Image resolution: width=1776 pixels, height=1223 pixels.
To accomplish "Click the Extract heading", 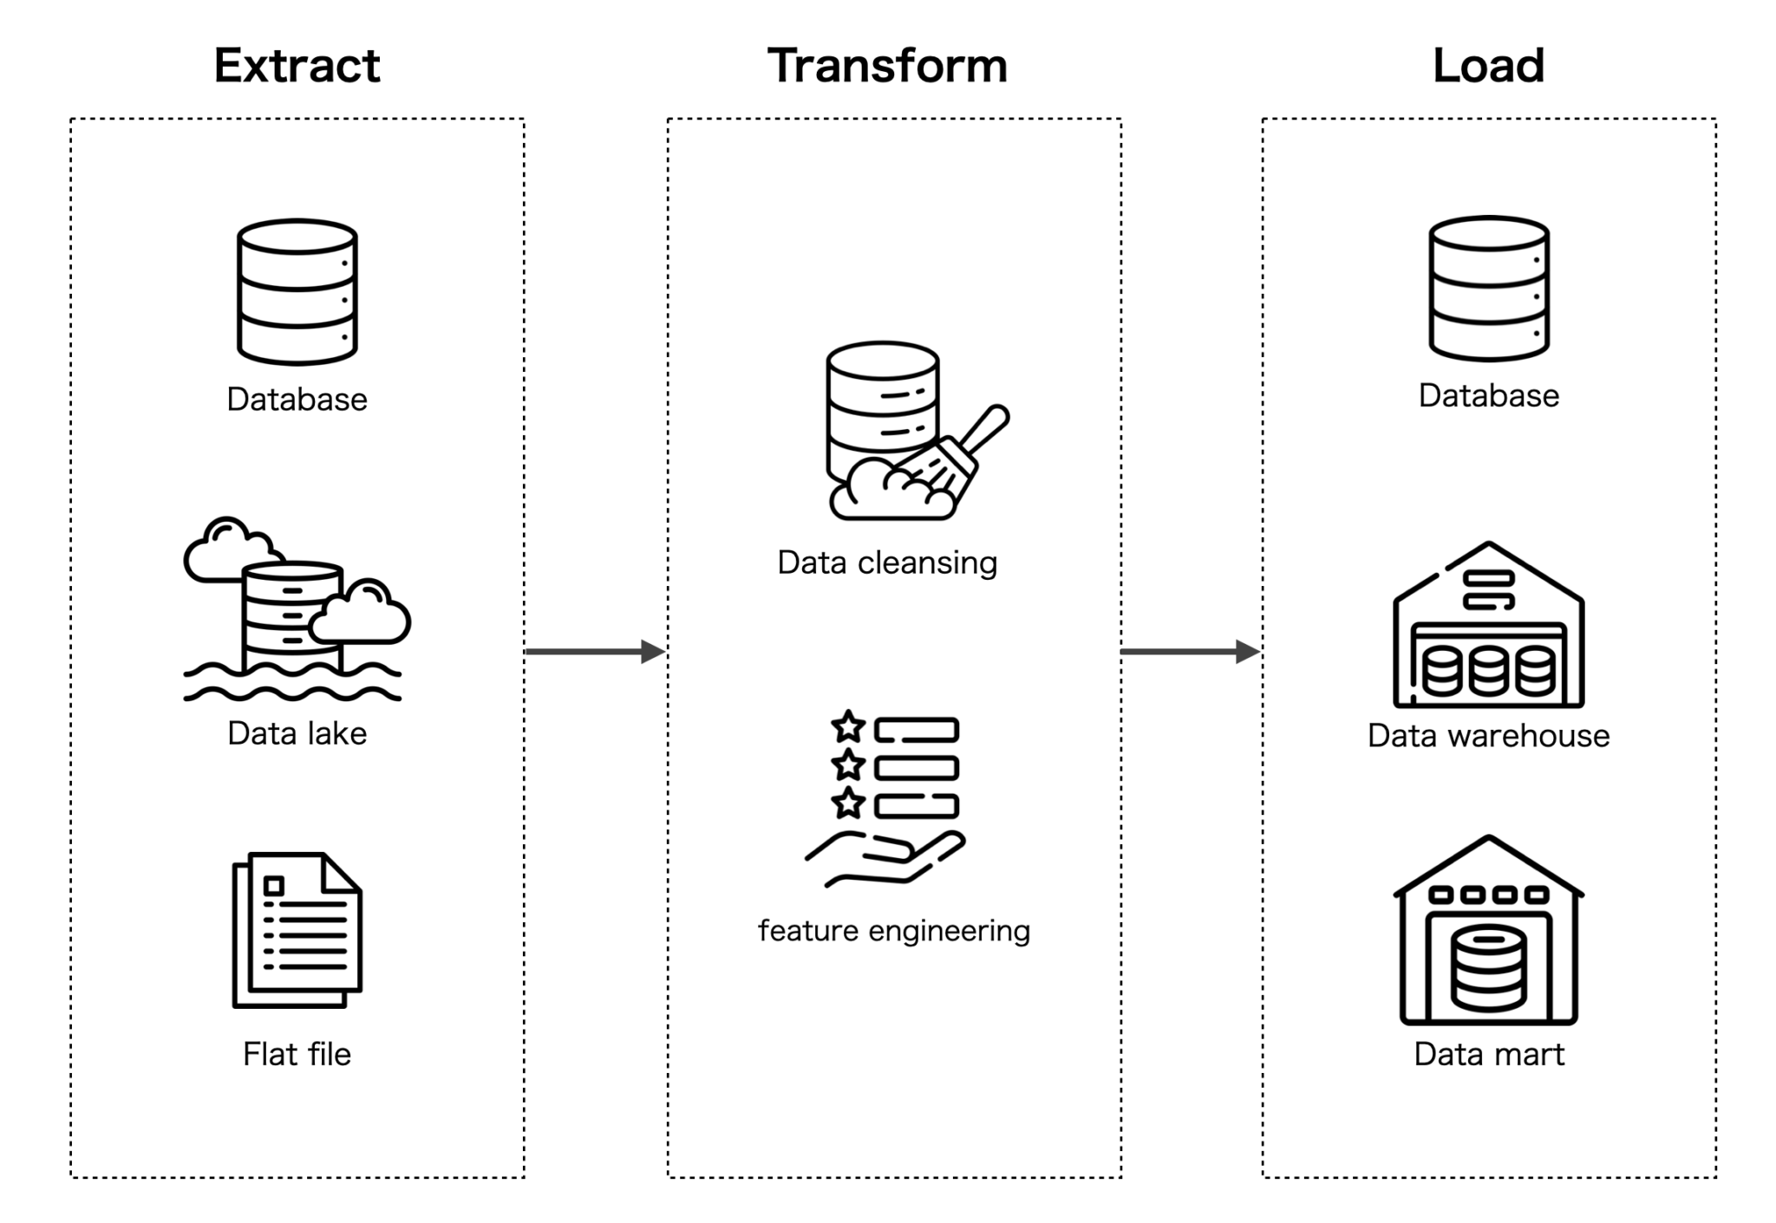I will click(297, 66).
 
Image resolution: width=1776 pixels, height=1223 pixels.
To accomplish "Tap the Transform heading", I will click(887, 66).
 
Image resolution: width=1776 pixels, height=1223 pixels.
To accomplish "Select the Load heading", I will click(1488, 66).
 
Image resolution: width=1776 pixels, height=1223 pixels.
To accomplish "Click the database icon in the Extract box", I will click(297, 291).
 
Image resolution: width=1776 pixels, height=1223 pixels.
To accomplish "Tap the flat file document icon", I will click(297, 929).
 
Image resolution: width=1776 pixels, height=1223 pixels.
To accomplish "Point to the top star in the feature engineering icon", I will click(848, 726).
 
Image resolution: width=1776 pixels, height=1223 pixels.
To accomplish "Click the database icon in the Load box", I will click(1488, 288).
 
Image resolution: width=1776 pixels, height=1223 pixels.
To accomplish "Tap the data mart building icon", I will click(1488, 931).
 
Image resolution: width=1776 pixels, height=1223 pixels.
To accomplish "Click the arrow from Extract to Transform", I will click(595, 651).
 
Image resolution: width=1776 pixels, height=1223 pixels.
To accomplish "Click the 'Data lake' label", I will click(297, 733).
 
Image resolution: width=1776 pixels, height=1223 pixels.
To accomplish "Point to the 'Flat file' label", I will click(297, 1054).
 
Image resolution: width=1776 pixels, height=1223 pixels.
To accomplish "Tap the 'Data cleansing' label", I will click(887, 563).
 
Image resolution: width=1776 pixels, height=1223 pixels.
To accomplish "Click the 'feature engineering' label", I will click(894, 930).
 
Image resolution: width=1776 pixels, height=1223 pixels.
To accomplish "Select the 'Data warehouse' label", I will click(1488, 735).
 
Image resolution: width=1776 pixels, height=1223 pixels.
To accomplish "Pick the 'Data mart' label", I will click(1488, 1054).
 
